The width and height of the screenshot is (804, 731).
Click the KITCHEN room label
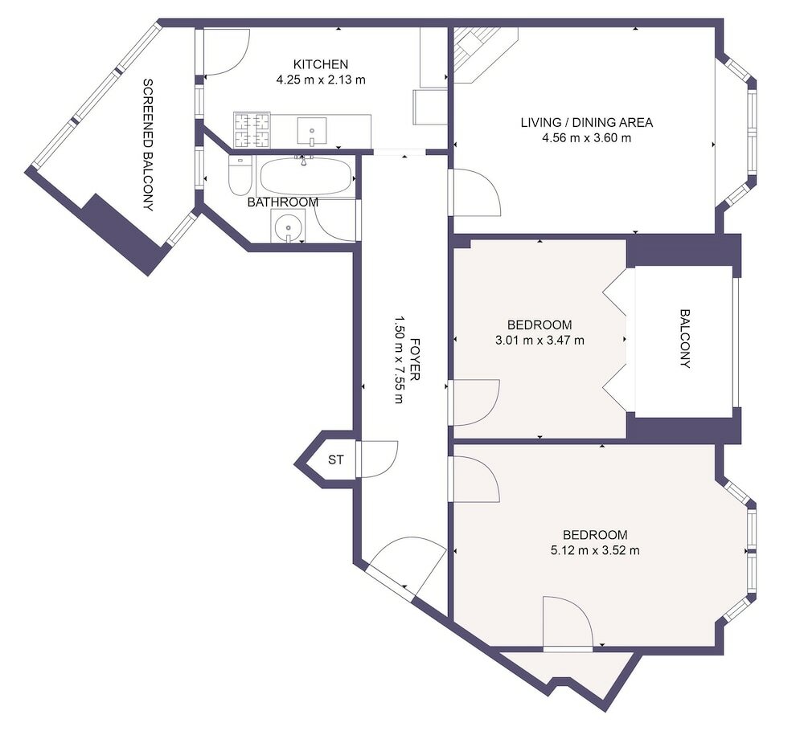(320, 64)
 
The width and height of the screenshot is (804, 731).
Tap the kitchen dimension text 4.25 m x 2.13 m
(320, 80)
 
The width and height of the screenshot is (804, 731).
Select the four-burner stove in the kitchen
(252, 130)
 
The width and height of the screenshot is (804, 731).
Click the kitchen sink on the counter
(311, 130)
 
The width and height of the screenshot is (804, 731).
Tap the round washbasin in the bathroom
(287, 227)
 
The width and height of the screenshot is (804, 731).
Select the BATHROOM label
(282, 202)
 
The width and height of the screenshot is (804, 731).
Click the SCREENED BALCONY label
(148, 145)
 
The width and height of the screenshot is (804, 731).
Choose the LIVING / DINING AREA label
(586, 123)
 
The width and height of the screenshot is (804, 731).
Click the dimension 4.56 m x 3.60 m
(586, 137)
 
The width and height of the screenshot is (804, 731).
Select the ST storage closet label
(336, 460)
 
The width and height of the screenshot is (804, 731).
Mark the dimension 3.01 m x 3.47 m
(539, 340)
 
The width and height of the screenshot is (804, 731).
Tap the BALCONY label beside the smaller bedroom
(685, 338)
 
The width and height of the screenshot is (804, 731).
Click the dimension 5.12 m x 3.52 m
(594, 550)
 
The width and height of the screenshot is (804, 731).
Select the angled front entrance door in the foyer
(406, 565)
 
